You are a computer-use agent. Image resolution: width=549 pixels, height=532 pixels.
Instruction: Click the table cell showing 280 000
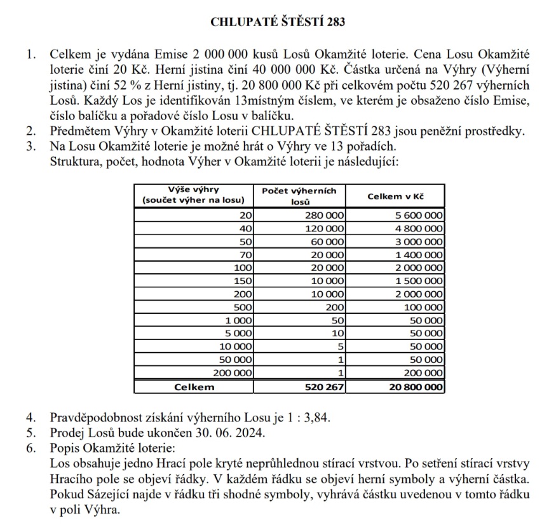pyautogui.click(x=325, y=216)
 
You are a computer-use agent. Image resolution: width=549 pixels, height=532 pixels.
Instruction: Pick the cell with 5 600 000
pyautogui.click(x=419, y=216)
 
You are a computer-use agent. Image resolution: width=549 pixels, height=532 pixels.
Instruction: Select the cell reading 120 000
pyautogui.click(x=325, y=229)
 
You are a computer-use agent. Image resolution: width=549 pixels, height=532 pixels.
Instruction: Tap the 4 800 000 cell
pyautogui.click(x=419, y=229)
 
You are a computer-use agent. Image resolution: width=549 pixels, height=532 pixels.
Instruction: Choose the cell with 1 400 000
pyautogui.click(x=419, y=255)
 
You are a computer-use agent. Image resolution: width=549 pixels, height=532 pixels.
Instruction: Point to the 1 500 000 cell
pyautogui.click(x=419, y=281)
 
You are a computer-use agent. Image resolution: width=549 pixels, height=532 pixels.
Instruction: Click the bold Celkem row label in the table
pyautogui.click(x=194, y=386)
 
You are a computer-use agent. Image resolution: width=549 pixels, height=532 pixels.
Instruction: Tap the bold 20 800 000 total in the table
pyautogui.click(x=416, y=386)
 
